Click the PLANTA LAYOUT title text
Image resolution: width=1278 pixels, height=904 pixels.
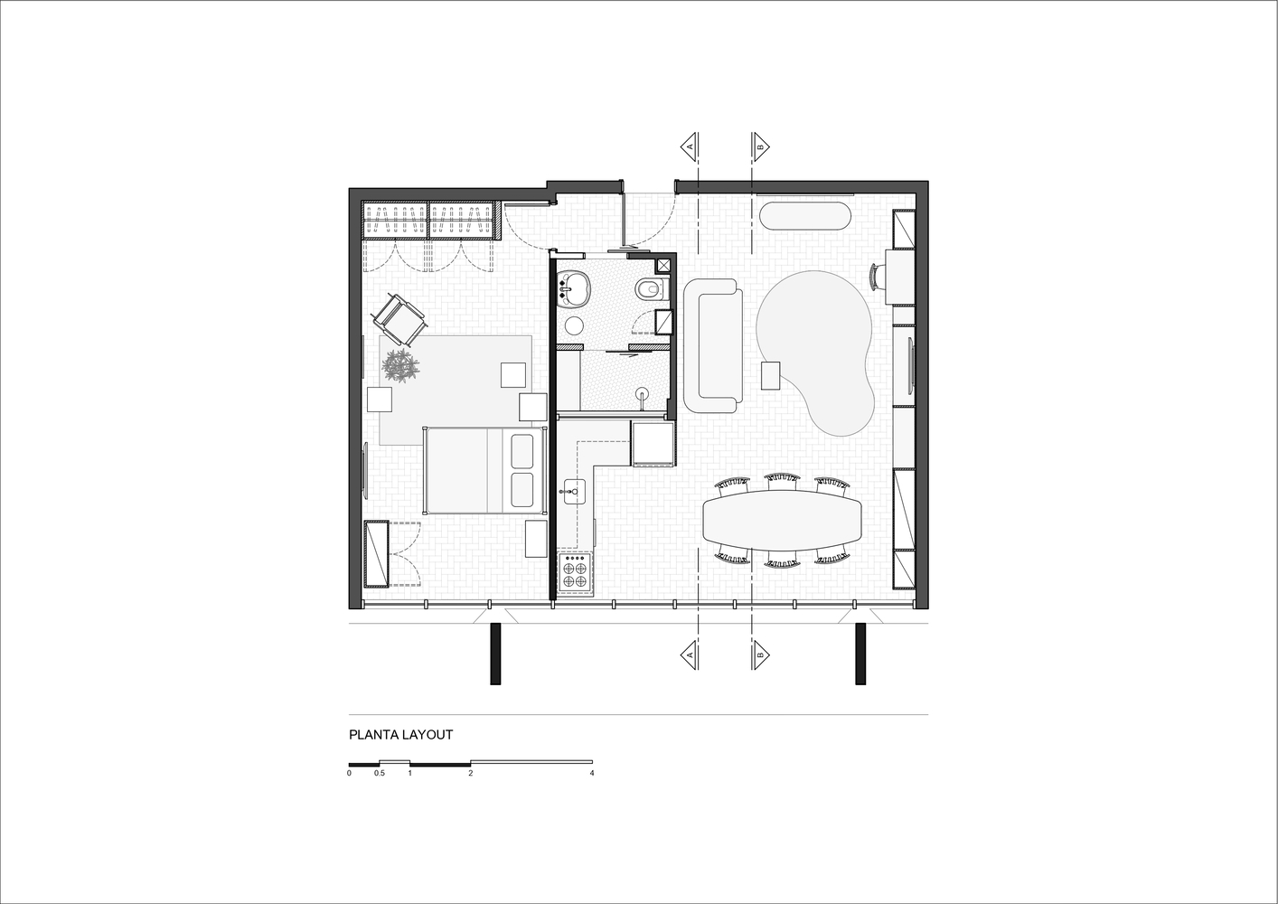[x=400, y=735]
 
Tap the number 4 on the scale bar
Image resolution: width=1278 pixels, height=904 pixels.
[x=591, y=774]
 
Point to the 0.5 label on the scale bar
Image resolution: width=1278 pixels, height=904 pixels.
[x=380, y=774]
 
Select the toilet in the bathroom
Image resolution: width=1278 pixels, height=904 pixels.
[x=650, y=289]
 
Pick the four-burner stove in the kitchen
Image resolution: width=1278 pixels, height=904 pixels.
[x=575, y=572]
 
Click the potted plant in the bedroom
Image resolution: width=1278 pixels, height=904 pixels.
[x=400, y=365]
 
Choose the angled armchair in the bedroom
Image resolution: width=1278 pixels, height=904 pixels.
[x=399, y=318]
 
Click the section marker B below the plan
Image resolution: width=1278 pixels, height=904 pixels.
[x=761, y=654]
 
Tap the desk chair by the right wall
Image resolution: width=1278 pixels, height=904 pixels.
[x=877, y=276]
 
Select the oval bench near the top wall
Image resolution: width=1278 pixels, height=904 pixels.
[x=805, y=217]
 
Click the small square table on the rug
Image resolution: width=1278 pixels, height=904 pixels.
[x=771, y=375]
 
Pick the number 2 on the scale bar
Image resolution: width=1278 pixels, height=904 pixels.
[x=470, y=774]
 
